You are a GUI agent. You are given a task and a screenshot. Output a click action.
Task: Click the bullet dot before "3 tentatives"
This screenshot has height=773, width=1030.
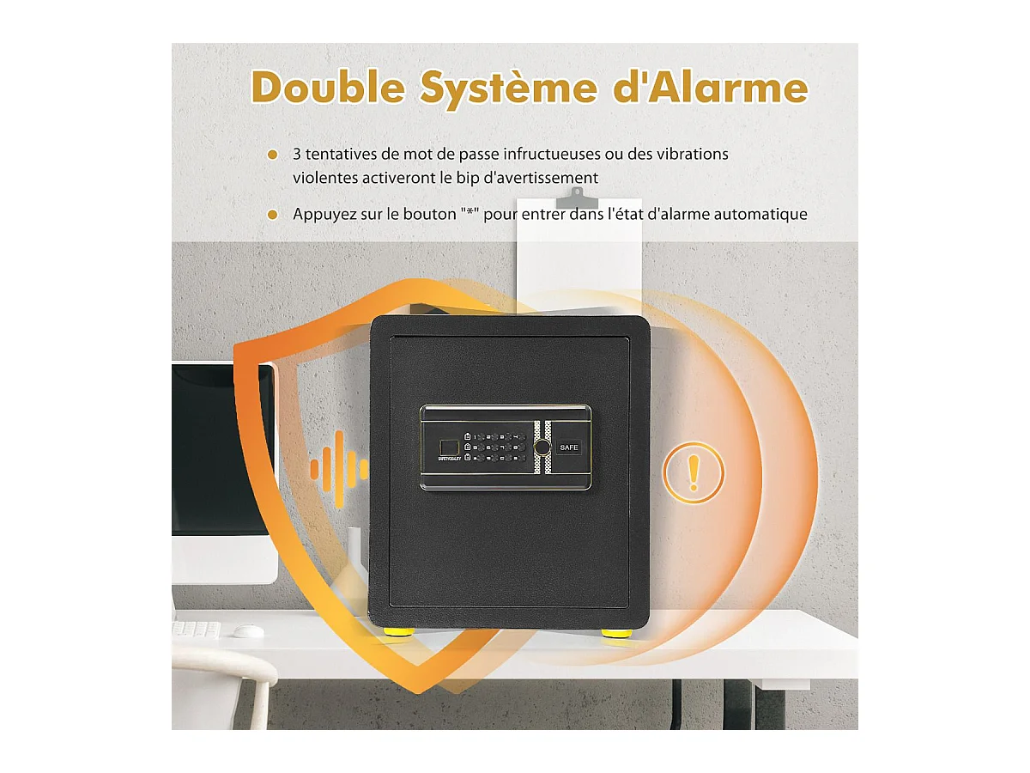pos(273,155)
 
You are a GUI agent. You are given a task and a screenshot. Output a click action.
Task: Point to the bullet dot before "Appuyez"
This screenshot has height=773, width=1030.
pos(273,215)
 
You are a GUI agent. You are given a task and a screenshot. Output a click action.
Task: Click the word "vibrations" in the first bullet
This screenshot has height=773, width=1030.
pos(689,155)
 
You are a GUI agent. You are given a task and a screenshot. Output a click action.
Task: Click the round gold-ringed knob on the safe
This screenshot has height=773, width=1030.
pos(542,448)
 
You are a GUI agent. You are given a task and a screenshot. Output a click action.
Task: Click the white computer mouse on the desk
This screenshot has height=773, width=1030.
pos(248,631)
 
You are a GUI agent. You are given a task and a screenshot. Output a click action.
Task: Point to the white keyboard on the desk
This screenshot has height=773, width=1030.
pos(196,630)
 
